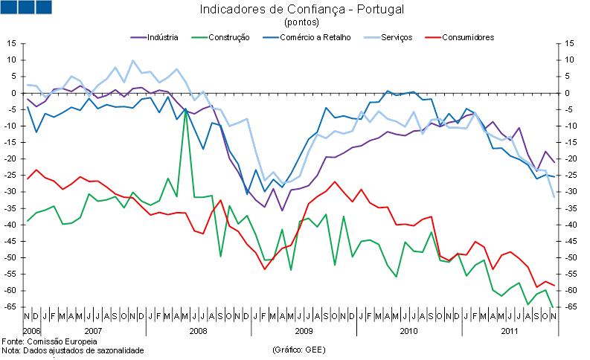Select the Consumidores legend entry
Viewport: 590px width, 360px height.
coord(467,36)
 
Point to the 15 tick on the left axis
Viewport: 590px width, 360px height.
coord(11,44)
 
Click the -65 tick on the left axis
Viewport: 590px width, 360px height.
coord(10,307)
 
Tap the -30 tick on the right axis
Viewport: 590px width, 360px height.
coord(569,192)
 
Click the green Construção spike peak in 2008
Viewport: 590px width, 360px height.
coord(185,110)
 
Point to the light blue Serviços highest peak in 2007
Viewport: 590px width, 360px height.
coord(132,60)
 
